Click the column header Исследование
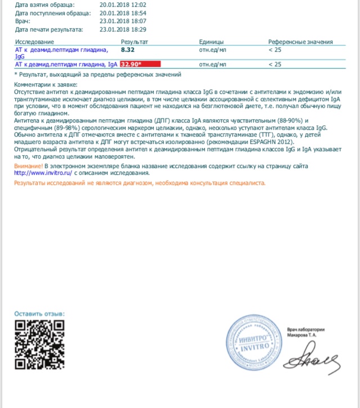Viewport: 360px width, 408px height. click(x=35, y=42)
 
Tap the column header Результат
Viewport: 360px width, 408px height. click(x=134, y=42)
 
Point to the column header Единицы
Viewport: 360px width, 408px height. click(x=211, y=42)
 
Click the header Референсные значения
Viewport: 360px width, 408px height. click(x=300, y=42)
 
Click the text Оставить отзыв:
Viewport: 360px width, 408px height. click(x=39, y=314)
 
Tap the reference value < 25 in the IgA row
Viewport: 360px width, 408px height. click(x=275, y=65)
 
